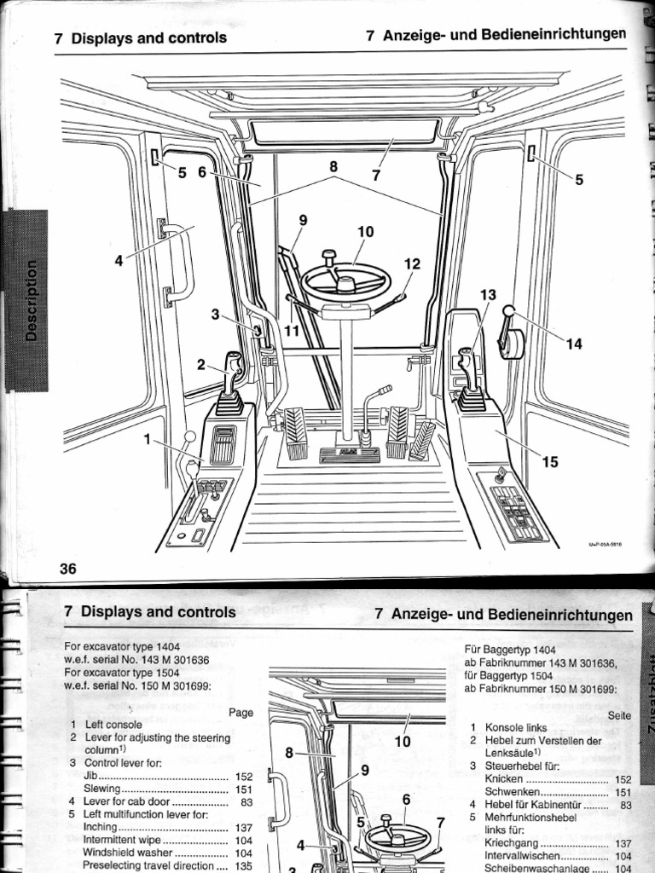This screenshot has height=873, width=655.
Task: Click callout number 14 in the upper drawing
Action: pyautogui.click(x=574, y=344)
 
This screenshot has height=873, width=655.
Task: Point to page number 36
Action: pyautogui.click(x=68, y=569)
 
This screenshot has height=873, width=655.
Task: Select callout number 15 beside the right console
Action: pyautogui.click(x=550, y=462)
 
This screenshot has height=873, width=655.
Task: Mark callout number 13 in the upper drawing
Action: pyautogui.click(x=487, y=295)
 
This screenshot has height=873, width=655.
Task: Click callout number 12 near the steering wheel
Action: pyautogui.click(x=412, y=264)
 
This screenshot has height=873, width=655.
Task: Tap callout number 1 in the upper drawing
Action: pyautogui.click(x=147, y=439)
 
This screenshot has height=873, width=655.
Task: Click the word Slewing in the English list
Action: pyautogui.click(x=101, y=789)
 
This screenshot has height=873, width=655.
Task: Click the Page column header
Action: pyautogui.click(x=241, y=713)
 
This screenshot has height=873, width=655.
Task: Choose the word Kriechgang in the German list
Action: pyautogui.click(x=513, y=843)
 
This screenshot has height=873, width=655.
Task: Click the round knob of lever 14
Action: pyautogui.click(x=510, y=311)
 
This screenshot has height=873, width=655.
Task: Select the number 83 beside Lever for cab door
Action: pyautogui.click(x=246, y=802)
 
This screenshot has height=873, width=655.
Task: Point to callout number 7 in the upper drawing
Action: pyautogui.click(x=375, y=175)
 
